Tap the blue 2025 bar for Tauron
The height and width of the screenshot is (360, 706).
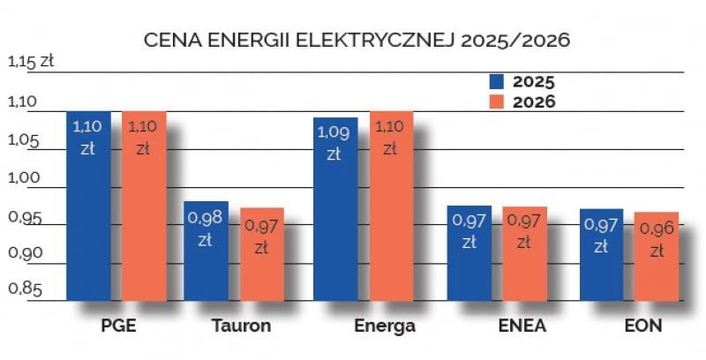[206, 251]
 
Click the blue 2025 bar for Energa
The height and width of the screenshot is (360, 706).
[334, 208]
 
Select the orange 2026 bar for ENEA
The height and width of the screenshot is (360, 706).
[524, 253]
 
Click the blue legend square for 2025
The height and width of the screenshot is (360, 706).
[496, 81]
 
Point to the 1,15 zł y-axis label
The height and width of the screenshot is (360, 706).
[31, 62]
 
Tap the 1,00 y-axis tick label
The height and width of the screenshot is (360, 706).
[25, 176]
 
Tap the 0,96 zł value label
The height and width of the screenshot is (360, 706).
[657, 239]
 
